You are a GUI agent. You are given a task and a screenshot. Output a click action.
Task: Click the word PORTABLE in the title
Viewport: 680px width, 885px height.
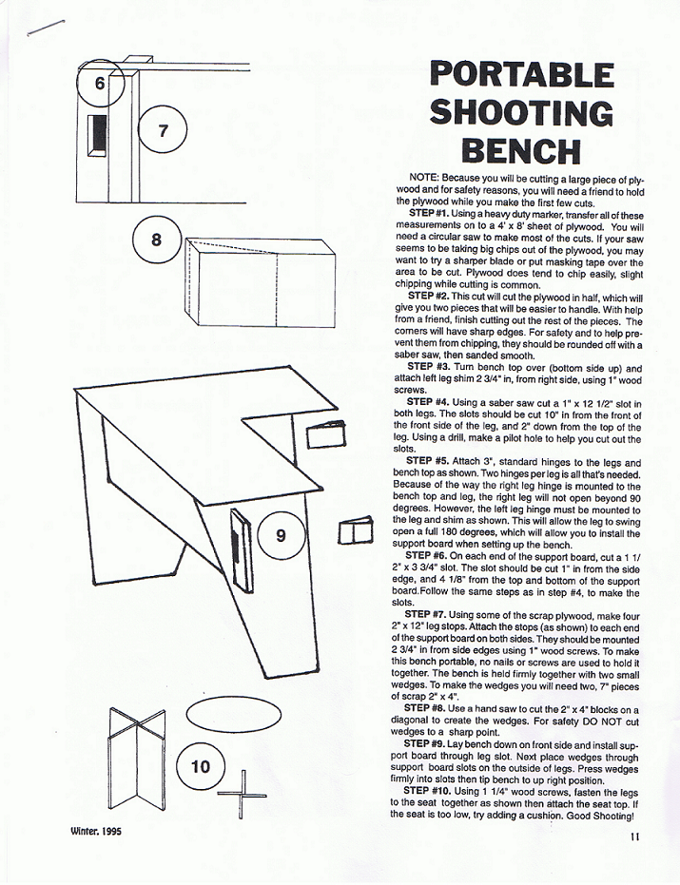(521, 75)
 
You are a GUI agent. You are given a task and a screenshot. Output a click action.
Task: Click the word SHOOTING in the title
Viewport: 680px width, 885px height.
(521, 113)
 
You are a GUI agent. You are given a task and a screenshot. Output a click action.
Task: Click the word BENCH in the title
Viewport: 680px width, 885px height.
(521, 151)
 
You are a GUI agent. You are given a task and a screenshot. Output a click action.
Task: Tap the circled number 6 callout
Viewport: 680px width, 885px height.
(100, 83)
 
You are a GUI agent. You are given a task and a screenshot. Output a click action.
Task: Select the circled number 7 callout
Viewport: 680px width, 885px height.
(163, 131)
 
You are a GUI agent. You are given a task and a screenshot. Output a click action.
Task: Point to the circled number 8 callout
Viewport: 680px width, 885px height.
(156, 240)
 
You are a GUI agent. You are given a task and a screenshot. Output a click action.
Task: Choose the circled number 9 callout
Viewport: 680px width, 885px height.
(282, 535)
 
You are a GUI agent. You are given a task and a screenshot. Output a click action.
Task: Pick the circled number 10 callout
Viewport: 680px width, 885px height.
(201, 766)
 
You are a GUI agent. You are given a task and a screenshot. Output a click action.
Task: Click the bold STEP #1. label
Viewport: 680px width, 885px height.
(429, 215)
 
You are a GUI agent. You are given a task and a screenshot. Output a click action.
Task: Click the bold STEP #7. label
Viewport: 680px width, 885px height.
(425, 615)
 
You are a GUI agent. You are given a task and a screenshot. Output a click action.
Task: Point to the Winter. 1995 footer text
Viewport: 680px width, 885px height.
(96, 832)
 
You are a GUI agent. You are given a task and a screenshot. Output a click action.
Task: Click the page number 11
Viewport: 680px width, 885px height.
(634, 837)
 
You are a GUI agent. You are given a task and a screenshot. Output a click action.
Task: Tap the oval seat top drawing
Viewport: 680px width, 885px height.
(233, 716)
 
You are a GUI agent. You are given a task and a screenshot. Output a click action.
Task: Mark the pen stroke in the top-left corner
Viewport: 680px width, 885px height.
(46, 28)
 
